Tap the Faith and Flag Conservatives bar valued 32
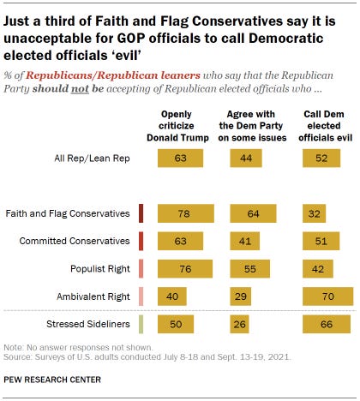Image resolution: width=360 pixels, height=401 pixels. click(316, 213)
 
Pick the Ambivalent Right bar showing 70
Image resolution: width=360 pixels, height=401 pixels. click(327, 296)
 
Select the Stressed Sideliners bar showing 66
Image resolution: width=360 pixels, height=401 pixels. click(327, 324)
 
